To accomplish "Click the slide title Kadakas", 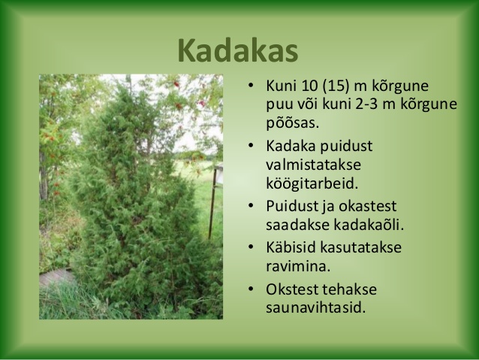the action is (x=238, y=50).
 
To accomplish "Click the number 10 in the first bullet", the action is (x=309, y=86).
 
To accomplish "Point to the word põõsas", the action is (x=292, y=123).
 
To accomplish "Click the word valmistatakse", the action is (x=313, y=165).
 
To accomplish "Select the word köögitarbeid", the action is (x=312, y=183).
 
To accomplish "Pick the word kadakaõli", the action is (x=369, y=225).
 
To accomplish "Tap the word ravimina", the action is (x=298, y=266).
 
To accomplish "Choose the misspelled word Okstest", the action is (x=291, y=289).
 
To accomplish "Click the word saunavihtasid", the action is (x=315, y=307).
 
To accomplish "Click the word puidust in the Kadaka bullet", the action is (x=346, y=147).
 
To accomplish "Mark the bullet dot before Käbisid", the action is (x=251, y=247).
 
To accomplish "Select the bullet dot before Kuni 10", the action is (x=251, y=86).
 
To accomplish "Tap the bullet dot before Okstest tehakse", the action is (x=251, y=289).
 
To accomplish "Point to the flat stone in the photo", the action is (x=56, y=277).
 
